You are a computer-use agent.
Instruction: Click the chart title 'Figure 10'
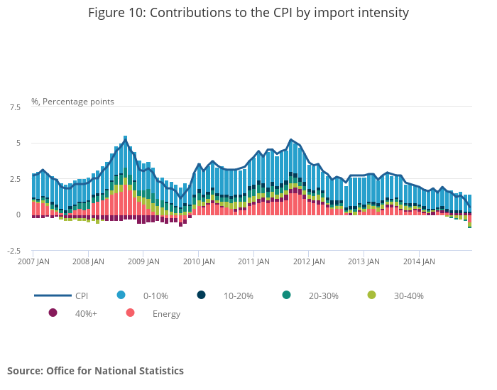(248, 13)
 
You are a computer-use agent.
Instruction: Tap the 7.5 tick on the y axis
(15, 107)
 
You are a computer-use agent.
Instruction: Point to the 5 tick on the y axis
(18, 143)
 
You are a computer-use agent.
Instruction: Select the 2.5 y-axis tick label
(15, 179)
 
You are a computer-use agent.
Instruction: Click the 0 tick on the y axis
(18, 215)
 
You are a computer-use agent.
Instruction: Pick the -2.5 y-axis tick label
(13, 251)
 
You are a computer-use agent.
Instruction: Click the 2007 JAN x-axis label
(33, 261)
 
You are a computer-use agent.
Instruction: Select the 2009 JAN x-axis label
(143, 261)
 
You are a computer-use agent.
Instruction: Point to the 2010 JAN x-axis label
(198, 261)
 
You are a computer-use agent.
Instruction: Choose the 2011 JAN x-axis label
(253, 261)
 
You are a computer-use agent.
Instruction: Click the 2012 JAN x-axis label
(308, 261)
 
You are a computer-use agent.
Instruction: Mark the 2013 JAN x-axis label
(364, 261)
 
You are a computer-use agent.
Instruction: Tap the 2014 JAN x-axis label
(419, 261)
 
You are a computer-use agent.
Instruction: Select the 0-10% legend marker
(121, 295)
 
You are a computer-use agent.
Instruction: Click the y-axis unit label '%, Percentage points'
(72, 102)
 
